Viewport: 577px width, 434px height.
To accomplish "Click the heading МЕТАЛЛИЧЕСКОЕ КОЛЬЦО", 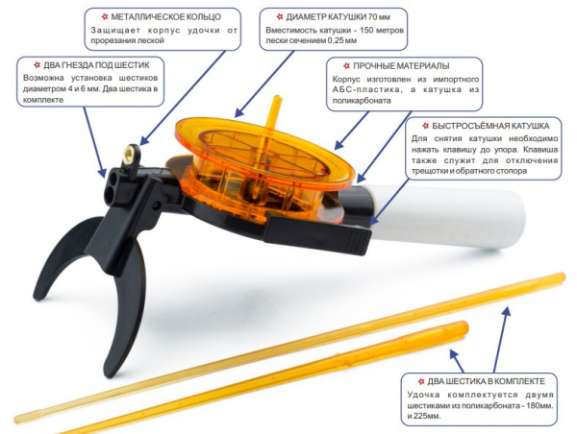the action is pos(166,17).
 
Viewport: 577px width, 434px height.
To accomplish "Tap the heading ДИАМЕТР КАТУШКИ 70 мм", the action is pos(338,17).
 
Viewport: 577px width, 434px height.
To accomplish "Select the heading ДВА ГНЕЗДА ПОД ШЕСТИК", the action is pos(97,65).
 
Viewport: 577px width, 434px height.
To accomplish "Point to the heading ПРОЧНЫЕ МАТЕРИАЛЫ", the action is pos(401,66).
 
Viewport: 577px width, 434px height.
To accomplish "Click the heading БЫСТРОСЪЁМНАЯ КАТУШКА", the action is pos(490,126).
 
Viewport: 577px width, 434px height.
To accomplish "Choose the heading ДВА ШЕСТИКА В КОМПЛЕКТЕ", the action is pos(486,381).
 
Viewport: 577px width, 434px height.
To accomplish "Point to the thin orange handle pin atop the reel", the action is pos(274,116).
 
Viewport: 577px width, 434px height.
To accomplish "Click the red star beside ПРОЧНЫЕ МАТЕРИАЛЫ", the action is pos(346,66).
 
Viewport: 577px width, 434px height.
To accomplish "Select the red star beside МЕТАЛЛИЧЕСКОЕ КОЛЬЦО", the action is pos(105,17).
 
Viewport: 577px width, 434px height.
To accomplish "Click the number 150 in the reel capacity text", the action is pos(367,30).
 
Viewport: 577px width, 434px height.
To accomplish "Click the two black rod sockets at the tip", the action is pos(113,181).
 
